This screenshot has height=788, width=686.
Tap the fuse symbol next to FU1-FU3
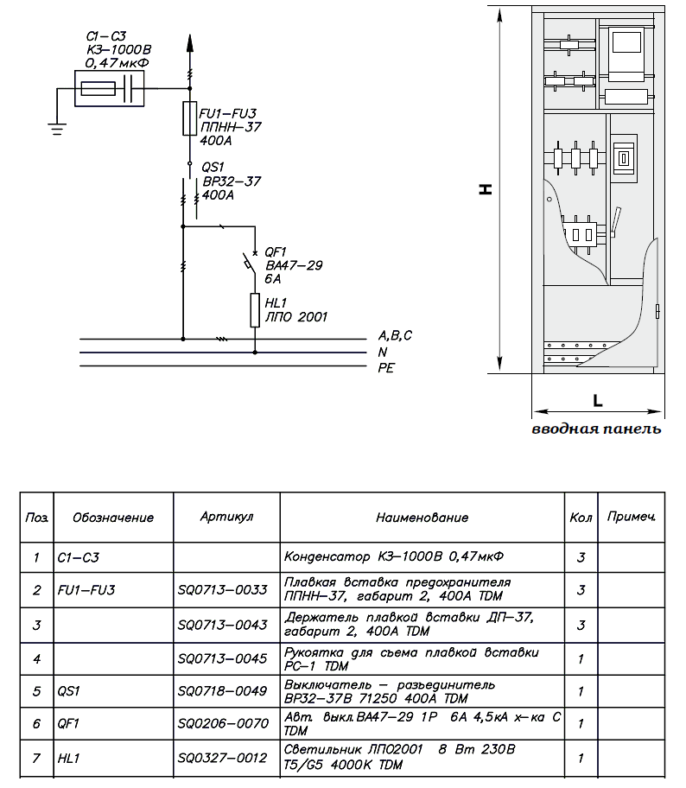[x=189, y=118]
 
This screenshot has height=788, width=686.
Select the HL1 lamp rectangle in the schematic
[x=255, y=310]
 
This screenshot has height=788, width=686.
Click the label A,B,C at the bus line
[x=396, y=335]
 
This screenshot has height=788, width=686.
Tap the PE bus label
[x=386, y=368]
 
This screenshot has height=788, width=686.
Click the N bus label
[x=382, y=352]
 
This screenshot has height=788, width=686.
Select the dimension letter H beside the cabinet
[x=486, y=188]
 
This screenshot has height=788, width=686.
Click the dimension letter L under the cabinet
[x=597, y=400]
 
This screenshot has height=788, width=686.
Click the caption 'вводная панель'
[x=596, y=429]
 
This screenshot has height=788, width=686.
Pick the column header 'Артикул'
[x=226, y=517]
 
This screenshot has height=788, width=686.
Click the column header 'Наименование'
[x=422, y=518]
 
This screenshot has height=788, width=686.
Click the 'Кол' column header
[x=581, y=518]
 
